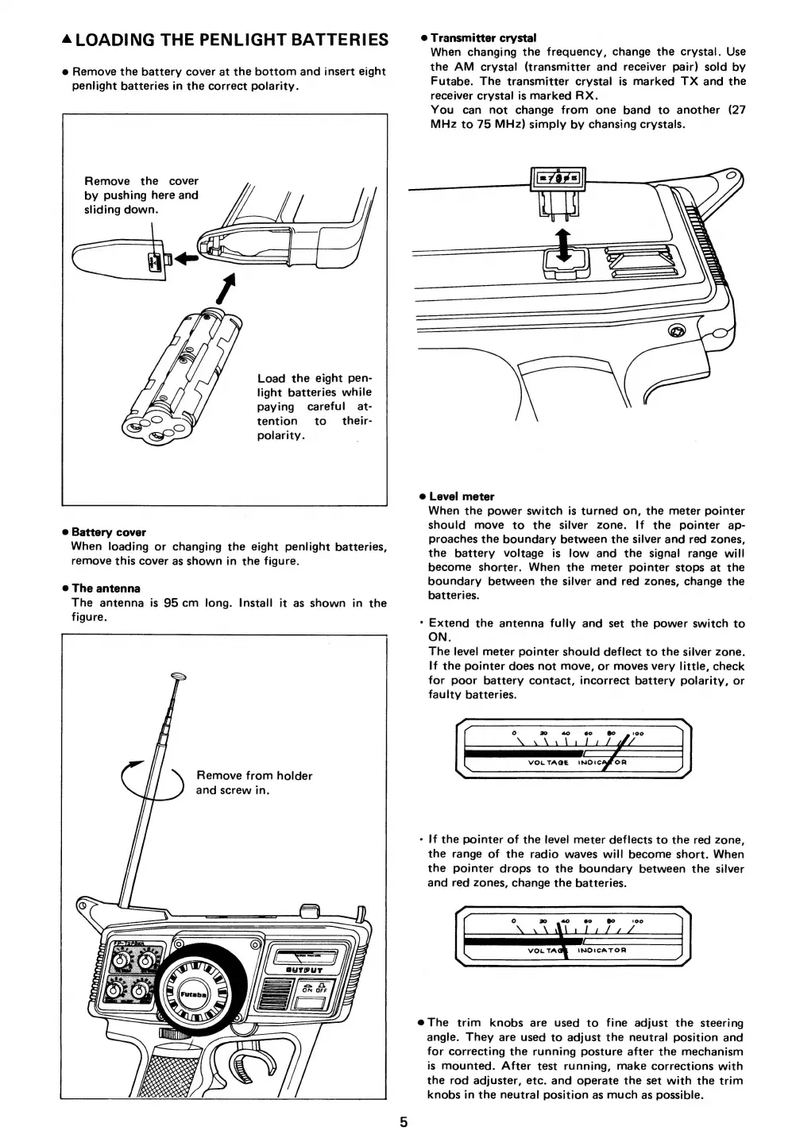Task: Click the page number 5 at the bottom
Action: point(404,1122)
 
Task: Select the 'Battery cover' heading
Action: point(109,532)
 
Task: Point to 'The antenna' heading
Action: point(106,588)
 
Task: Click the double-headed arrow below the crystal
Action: point(563,241)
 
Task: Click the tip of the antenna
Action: point(178,677)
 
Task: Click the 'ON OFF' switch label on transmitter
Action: point(314,988)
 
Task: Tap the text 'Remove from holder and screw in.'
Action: point(253,782)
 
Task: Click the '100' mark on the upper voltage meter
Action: point(637,733)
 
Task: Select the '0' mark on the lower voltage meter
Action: point(514,921)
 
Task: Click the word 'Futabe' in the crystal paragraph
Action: point(450,81)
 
